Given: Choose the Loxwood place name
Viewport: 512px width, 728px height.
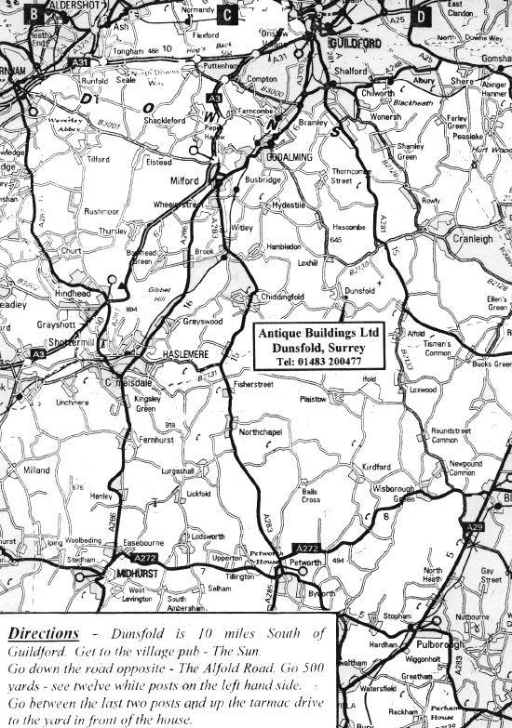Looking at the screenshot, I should point(422,390).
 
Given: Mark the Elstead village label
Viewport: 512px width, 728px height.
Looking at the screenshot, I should point(159,162).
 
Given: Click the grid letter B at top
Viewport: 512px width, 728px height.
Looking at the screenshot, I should point(34,14).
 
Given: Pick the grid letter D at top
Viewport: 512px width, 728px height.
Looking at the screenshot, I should point(421,15).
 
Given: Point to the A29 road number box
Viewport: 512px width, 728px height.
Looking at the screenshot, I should point(475,527).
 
